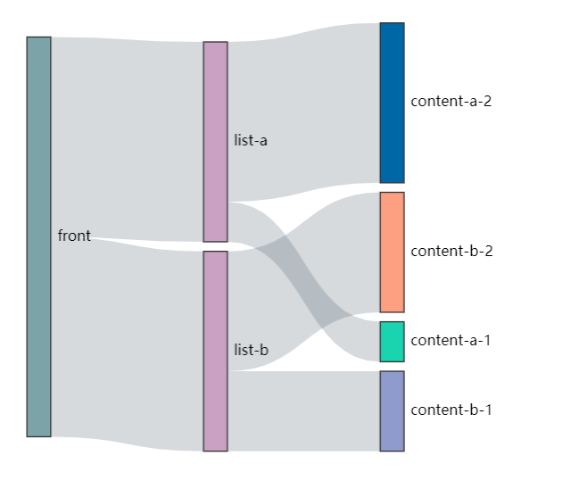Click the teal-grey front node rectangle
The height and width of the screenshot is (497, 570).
pyautogui.click(x=38, y=236)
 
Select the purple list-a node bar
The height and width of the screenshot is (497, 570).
pyautogui.click(x=215, y=141)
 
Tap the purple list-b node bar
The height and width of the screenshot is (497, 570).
pyautogui.click(x=215, y=351)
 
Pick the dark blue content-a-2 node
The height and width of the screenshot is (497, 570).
pyautogui.click(x=392, y=103)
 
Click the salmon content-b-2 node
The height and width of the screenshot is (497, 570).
pyautogui.click(x=392, y=252)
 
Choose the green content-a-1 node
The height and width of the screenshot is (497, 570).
pyautogui.click(x=392, y=341)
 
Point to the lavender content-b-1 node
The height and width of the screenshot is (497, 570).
pyautogui.click(x=392, y=410)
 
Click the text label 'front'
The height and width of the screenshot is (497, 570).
pyautogui.click(x=74, y=236)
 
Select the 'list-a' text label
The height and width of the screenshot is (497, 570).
pyautogui.click(x=251, y=141)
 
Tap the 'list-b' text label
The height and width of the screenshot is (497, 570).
pyautogui.click(x=251, y=351)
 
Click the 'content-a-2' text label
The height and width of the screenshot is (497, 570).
pyautogui.click(x=450, y=102)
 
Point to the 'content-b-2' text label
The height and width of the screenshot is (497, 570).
pyautogui.click(x=451, y=252)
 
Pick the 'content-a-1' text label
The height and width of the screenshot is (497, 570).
pyautogui.click(x=450, y=341)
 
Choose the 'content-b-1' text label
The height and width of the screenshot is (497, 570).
pyautogui.click(x=450, y=410)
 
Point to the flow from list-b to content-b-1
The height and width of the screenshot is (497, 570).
pyautogui.click(x=303, y=411)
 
